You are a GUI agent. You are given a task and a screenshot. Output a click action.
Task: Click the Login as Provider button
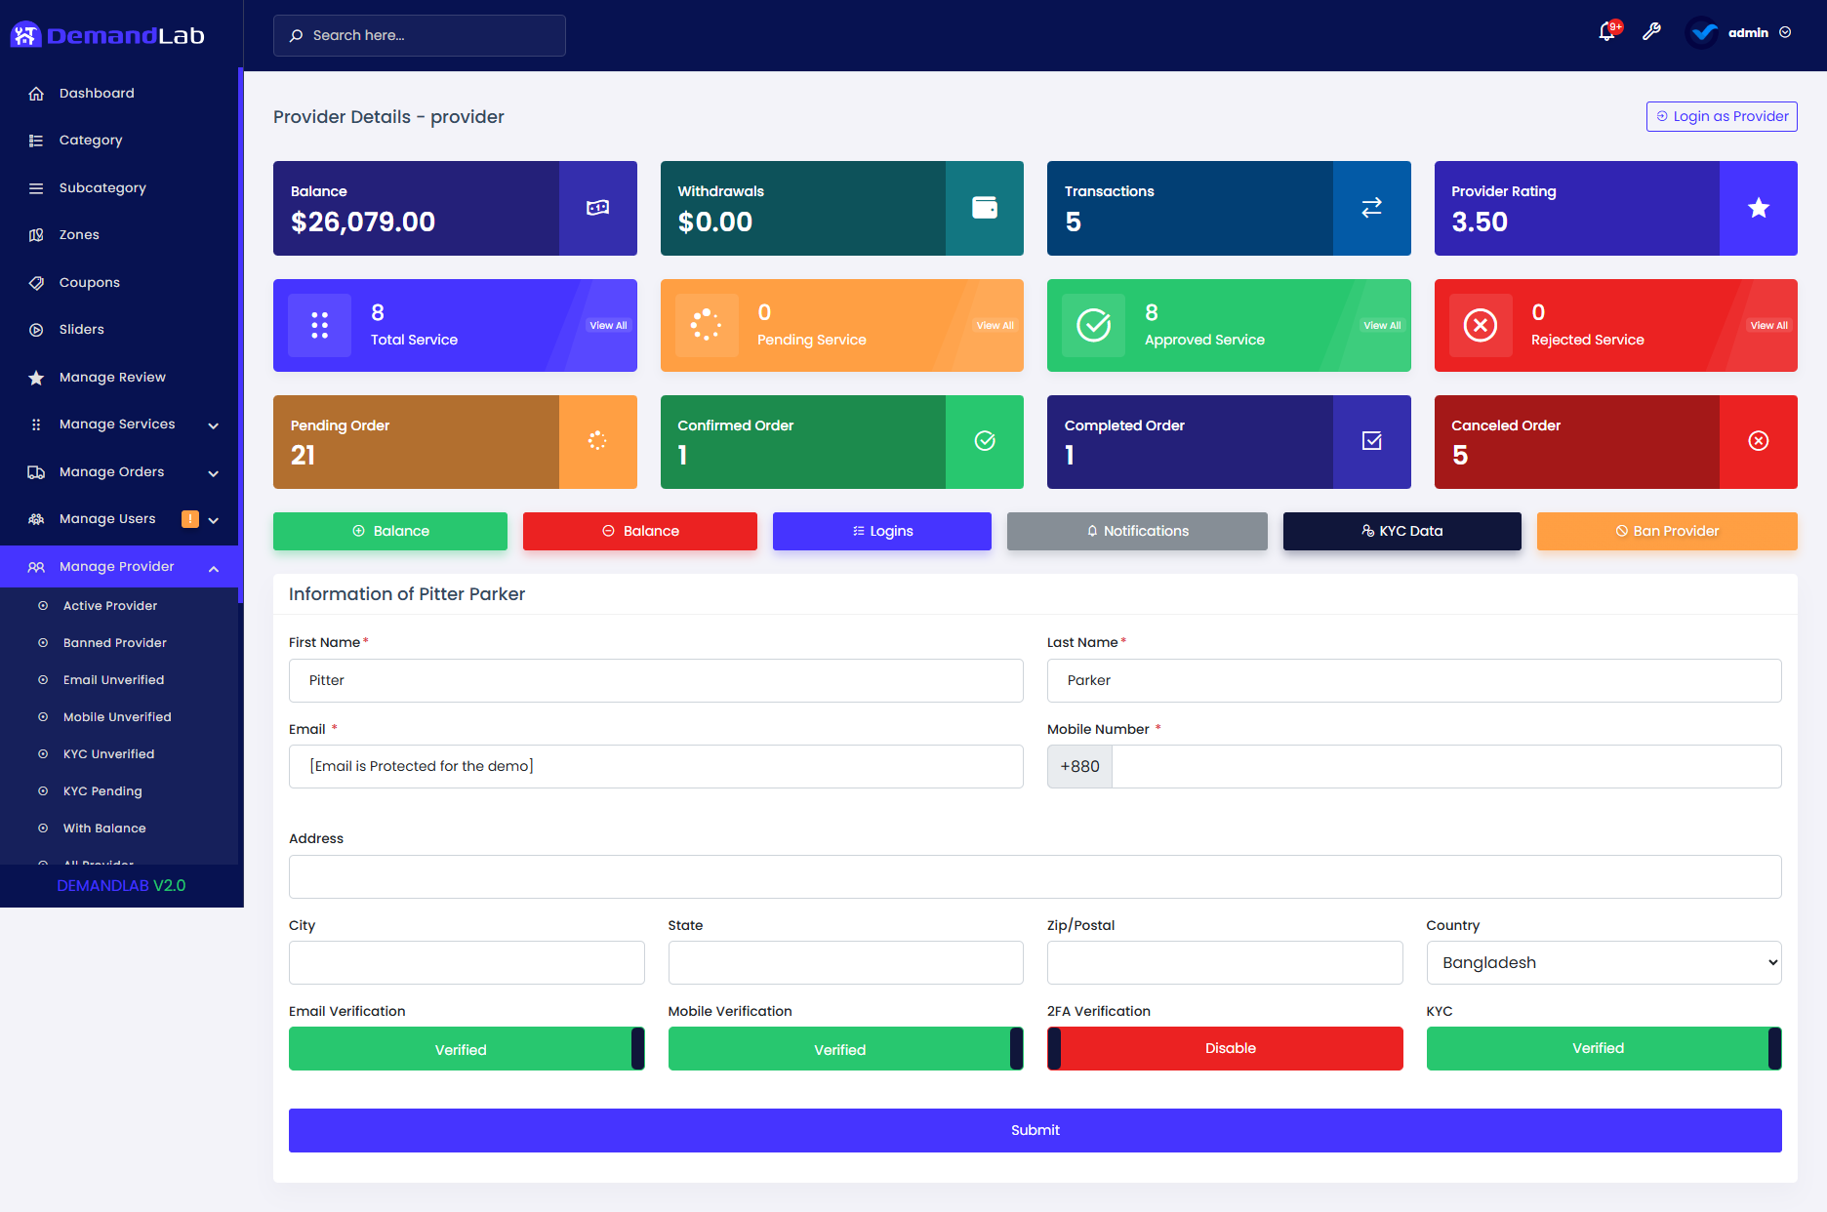click(1722, 116)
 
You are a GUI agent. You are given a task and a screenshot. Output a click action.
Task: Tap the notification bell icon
click(1606, 32)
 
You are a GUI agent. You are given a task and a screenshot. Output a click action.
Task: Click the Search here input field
click(420, 35)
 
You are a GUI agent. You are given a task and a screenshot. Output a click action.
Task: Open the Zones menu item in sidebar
click(79, 235)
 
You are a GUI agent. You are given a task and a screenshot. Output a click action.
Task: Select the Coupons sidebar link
click(89, 283)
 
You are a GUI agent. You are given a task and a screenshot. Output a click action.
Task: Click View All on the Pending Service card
click(995, 326)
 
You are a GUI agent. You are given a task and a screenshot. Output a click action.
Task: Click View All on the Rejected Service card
click(1768, 326)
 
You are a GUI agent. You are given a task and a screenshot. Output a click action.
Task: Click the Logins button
click(881, 531)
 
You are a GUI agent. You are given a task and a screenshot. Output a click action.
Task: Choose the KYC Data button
click(1401, 531)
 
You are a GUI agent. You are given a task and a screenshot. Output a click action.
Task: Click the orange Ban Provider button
click(1666, 531)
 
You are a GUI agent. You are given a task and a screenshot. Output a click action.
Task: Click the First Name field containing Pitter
click(656, 680)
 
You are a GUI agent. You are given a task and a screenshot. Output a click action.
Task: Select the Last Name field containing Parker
click(1413, 680)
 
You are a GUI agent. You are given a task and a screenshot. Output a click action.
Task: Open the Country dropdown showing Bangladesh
click(1604, 962)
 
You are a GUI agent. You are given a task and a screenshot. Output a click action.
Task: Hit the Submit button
click(1035, 1130)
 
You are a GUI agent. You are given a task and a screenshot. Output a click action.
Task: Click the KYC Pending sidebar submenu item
click(102, 791)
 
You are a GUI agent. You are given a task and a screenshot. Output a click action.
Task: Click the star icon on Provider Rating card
click(1758, 208)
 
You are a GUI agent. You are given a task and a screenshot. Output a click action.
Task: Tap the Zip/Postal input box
click(1224, 962)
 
